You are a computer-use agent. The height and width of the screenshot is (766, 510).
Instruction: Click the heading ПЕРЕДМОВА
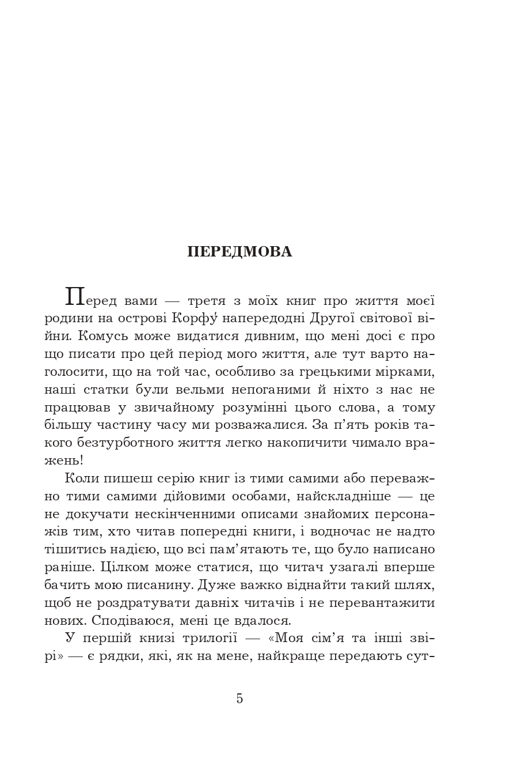coord(239,252)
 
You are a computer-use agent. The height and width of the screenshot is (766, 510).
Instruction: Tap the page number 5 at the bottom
coord(239,699)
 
